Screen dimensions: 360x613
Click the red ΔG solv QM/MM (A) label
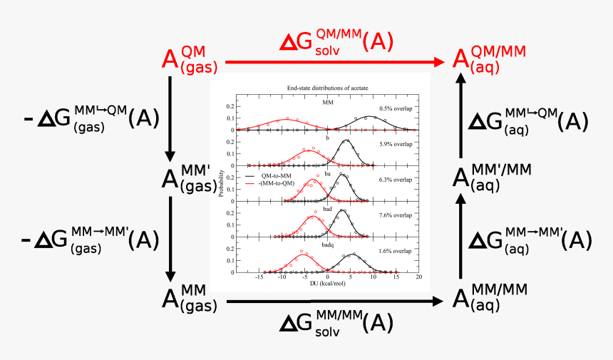coord(336,43)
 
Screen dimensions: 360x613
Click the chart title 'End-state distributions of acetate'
coord(324,88)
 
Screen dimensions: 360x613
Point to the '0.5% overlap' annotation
coord(396,108)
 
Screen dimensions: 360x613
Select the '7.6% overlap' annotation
coord(396,215)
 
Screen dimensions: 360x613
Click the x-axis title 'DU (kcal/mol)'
coord(329,284)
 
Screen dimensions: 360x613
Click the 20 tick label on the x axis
coord(418,277)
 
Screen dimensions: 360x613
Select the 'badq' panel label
coord(327,245)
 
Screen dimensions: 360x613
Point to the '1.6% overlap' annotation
coord(396,251)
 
